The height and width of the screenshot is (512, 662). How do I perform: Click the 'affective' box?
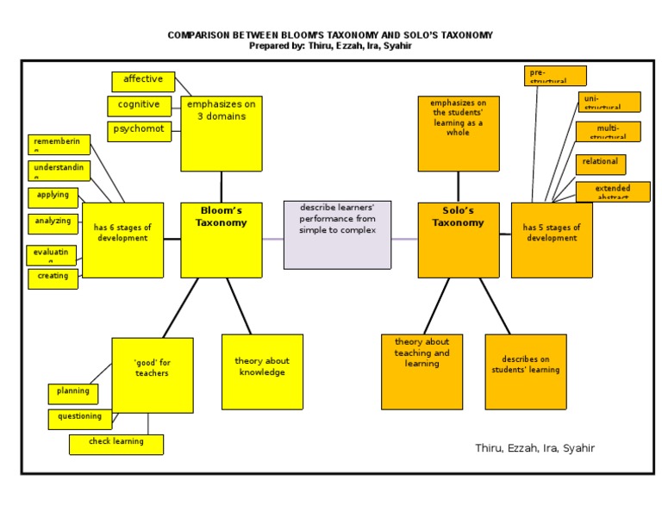(143, 81)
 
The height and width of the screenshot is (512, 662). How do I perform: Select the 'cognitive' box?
(139, 106)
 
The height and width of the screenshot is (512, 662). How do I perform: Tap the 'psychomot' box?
(139, 131)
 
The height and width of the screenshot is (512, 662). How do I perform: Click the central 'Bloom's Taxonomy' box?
(222, 240)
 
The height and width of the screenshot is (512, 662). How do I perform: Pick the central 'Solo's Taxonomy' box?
(459, 240)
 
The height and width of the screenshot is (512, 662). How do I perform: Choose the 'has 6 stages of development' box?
(122, 240)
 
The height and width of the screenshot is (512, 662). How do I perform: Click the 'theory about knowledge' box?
(262, 372)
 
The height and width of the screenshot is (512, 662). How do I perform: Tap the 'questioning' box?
(80, 419)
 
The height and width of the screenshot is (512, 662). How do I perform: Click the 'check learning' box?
(116, 444)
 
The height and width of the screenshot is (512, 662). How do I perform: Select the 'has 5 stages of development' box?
(552, 240)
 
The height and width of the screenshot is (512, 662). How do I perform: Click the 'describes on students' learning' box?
(526, 372)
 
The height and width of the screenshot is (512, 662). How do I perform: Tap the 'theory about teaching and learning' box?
(422, 372)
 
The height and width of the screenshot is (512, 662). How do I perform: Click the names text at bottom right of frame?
(534, 448)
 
